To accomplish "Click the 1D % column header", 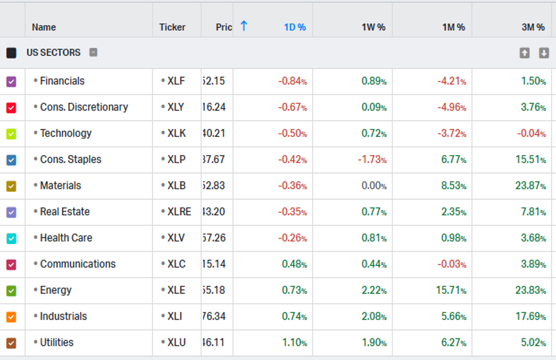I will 294,27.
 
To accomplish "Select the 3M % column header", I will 532,27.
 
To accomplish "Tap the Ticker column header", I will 172,27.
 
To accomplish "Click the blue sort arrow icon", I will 244,26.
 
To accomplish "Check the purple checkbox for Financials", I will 11,81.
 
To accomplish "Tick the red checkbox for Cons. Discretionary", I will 11,107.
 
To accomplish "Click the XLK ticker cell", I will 177,134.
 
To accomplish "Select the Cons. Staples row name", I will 71,160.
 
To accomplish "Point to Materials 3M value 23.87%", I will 530,186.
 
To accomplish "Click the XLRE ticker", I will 179,212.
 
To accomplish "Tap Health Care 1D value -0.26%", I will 292,238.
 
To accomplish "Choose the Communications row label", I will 77,264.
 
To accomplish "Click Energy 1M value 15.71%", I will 451,291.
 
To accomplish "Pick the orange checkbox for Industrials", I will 11,317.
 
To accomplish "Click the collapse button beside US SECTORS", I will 94,52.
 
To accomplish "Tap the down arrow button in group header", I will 544,53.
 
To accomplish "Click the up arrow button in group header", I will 525,53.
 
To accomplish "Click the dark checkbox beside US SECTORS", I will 11,53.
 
